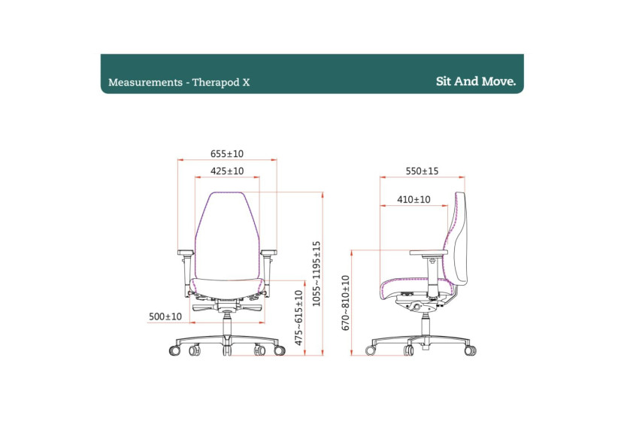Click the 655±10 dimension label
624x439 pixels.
227,154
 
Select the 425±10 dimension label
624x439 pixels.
227,171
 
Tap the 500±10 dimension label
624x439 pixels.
165,316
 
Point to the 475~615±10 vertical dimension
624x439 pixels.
299,317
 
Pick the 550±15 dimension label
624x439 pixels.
422,171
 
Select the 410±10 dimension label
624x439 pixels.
413,199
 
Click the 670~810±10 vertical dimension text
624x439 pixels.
346,303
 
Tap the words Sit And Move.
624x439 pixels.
476,81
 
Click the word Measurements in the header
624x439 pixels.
141,82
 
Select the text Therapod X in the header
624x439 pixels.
221,82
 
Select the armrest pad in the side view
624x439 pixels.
429,253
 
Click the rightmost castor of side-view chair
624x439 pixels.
471,350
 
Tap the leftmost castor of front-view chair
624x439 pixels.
175,350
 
